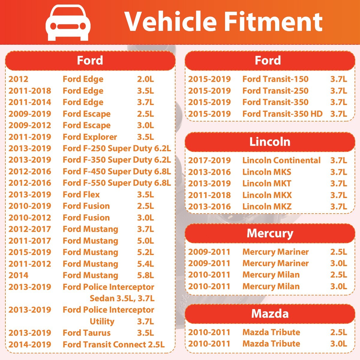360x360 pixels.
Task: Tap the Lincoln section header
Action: (270, 142)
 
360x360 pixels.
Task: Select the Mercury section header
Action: (270, 233)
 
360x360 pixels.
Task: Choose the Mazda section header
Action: (270, 313)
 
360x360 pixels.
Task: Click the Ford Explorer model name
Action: (90, 137)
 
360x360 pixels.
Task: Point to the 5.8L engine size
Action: (145, 275)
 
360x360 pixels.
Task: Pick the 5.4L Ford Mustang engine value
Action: (145, 264)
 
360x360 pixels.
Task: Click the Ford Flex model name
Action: (81, 195)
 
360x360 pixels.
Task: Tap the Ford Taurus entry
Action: (86, 333)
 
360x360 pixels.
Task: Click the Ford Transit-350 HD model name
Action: (282, 114)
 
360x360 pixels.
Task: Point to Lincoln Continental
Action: (281, 160)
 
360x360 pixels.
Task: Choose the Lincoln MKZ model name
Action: (267, 207)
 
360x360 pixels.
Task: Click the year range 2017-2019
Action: (209, 160)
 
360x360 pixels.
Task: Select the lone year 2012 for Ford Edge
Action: (18, 79)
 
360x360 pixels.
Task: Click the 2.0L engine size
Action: (145, 79)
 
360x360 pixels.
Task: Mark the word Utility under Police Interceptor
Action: (102, 322)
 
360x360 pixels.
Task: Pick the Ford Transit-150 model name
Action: (275, 79)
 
